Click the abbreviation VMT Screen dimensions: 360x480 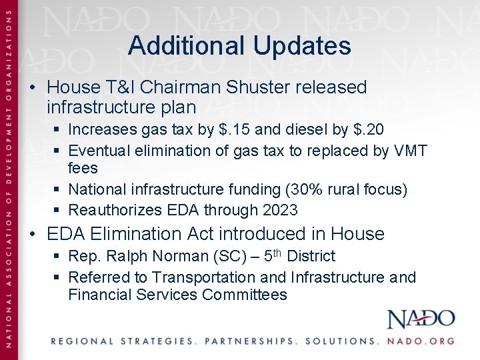411,151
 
